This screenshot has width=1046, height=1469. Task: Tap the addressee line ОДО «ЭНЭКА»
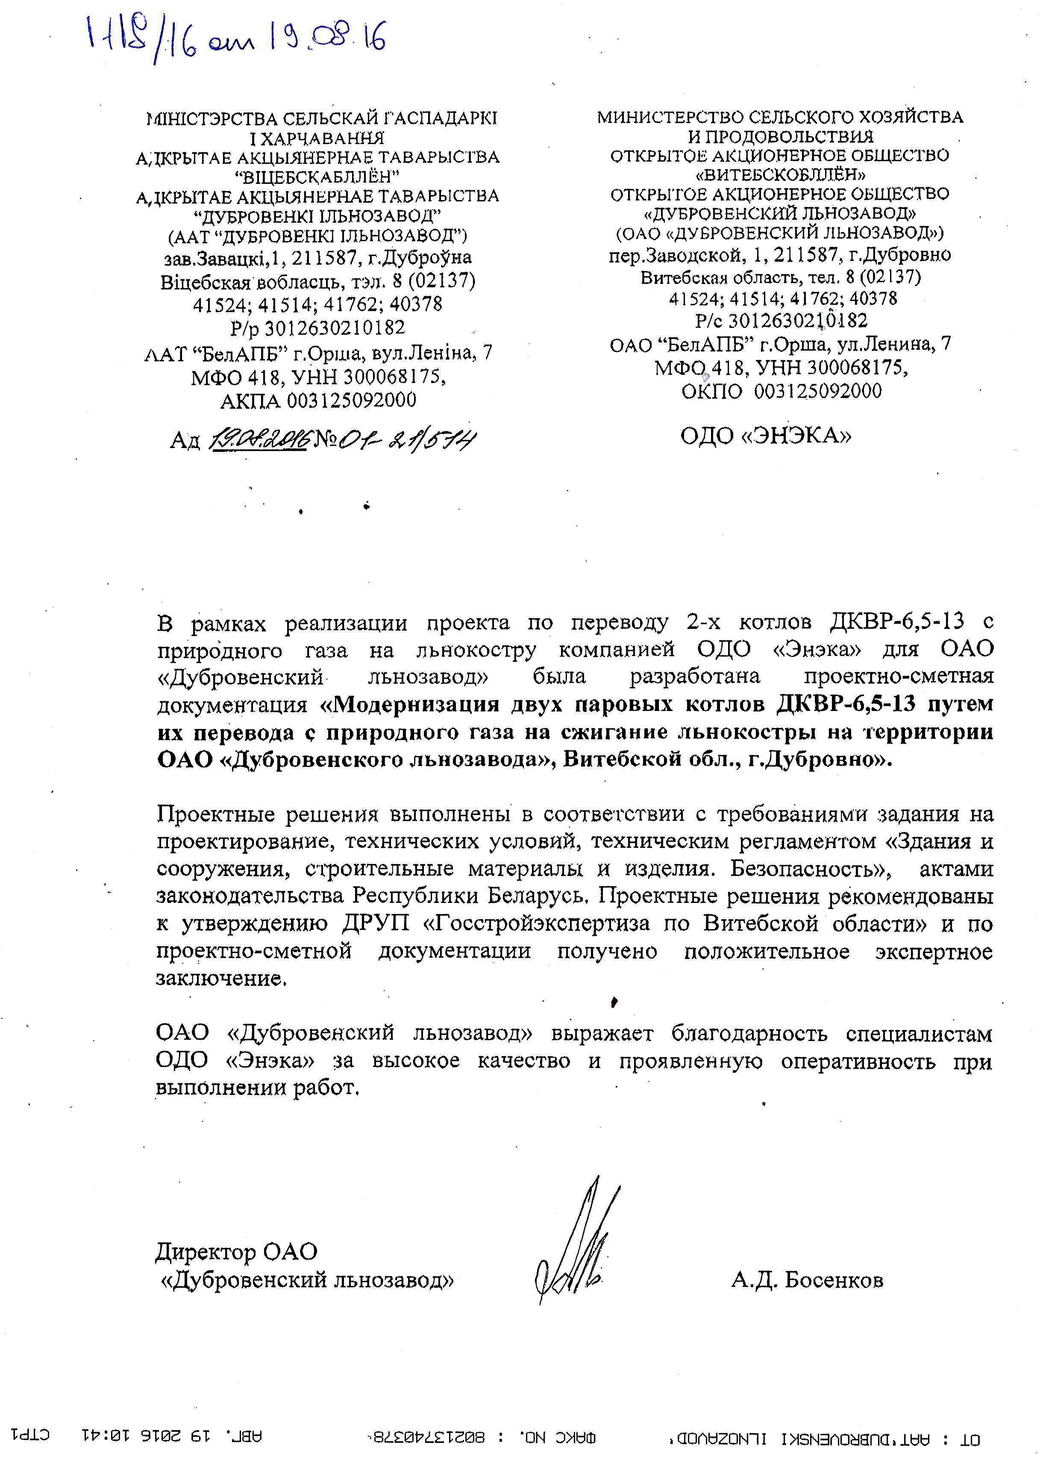[765, 436]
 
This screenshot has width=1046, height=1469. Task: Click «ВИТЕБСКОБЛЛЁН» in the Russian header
[779, 174]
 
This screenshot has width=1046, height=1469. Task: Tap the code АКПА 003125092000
[318, 401]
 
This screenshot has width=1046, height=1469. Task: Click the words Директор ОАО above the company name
[236, 1251]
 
